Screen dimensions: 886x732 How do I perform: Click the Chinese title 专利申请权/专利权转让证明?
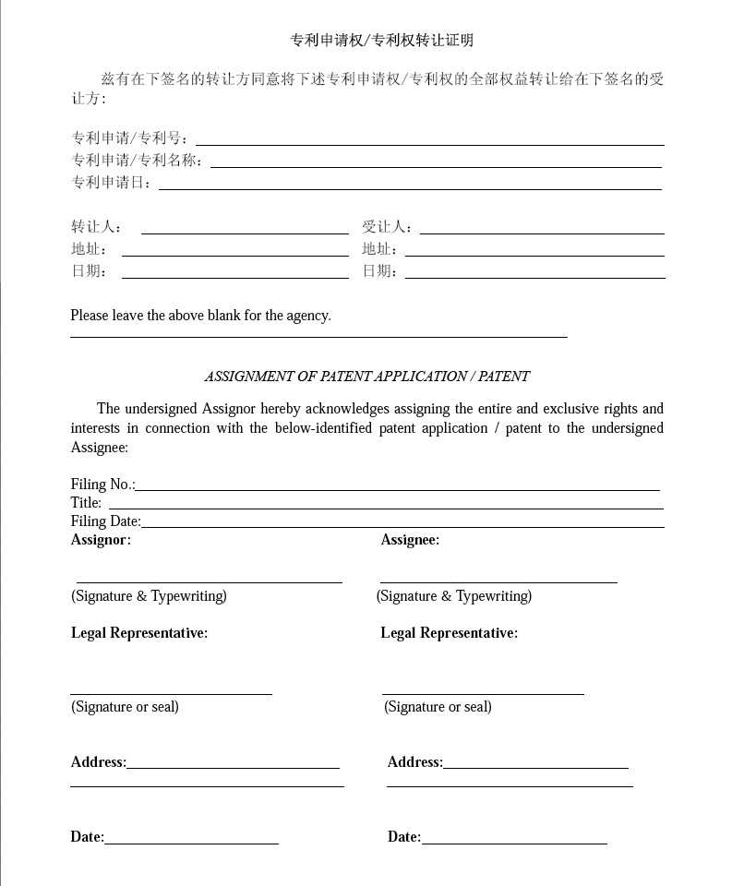pyautogui.click(x=382, y=41)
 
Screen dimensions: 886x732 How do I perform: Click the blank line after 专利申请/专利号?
pyautogui.click(x=429, y=144)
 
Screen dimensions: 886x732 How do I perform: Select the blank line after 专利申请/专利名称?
pyautogui.click(x=436, y=166)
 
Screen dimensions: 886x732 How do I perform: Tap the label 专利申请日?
pyautogui.click(x=112, y=183)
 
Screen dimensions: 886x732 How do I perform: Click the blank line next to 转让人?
pyautogui.click(x=245, y=233)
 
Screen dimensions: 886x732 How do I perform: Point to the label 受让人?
pyautogui.click(x=387, y=227)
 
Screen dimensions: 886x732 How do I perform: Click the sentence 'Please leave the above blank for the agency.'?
pyautogui.click(x=200, y=316)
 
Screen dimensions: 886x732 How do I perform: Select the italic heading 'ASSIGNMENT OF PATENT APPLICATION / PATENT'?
pyautogui.click(x=366, y=377)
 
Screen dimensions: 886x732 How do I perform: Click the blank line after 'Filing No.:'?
pyautogui.click(x=397, y=489)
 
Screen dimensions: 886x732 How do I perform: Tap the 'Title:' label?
pyautogui.click(x=86, y=503)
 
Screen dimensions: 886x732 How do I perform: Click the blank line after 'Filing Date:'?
pyautogui.click(x=402, y=526)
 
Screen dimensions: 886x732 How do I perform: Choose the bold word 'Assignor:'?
pyautogui.click(x=101, y=540)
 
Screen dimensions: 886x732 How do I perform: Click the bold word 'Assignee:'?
pyautogui.click(x=410, y=540)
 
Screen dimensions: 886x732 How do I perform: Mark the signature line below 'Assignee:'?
pyautogui.click(x=498, y=582)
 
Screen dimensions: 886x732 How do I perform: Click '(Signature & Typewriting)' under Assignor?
pyautogui.click(x=149, y=596)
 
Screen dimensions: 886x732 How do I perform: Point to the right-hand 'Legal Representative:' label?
pyautogui.click(x=449, y=633)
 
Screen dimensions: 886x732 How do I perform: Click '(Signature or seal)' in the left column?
pyautogui.click(x=125, y=707)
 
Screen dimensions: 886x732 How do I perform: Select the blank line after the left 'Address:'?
pyautogui.click(x=233, y=767)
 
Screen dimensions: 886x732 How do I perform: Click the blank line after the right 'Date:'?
pyautogui.click(x=514, y=843)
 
